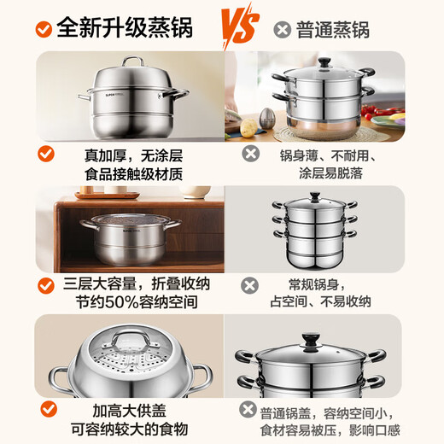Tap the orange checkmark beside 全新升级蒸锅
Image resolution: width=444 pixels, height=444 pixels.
point(39,28)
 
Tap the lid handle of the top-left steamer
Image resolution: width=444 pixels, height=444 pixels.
point(131,61)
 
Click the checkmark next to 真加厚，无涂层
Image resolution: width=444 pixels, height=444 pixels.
point(48,155)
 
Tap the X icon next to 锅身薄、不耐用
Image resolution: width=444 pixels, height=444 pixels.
point(250,154)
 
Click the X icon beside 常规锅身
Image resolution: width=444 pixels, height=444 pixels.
point(250,286)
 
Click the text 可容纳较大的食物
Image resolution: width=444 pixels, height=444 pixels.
point(130,429)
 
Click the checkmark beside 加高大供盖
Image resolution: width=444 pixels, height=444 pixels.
point(48,412)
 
